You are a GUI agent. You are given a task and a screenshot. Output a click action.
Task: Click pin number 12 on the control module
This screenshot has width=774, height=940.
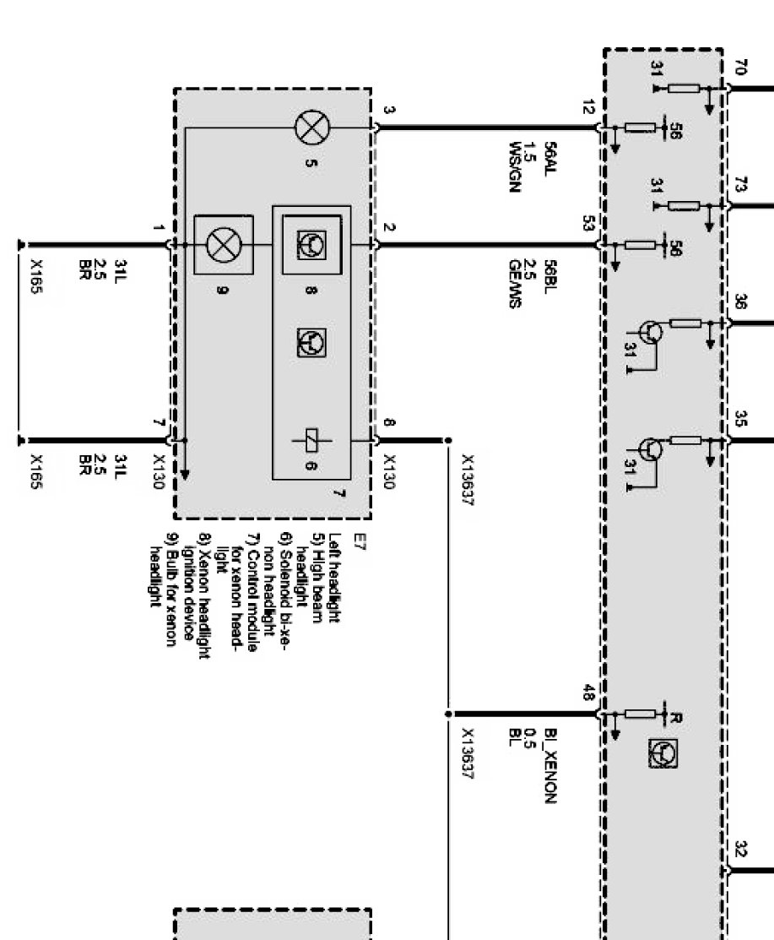[588, 107]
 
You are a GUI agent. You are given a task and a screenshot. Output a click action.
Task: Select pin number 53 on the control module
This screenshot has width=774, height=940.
[588, 224]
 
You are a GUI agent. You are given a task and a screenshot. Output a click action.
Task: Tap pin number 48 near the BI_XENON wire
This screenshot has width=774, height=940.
[587, 693]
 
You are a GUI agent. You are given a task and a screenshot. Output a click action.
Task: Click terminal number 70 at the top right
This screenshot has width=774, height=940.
[740, 68]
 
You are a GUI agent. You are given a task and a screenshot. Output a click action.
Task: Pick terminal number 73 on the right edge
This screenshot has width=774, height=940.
[740, 185]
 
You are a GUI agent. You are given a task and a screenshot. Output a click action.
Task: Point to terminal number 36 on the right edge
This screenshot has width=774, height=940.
[740, 302]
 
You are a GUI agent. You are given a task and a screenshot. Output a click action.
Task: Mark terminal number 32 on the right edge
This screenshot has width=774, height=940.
[740, 848]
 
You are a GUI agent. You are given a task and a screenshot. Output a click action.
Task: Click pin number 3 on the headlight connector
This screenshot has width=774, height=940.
[388, 110]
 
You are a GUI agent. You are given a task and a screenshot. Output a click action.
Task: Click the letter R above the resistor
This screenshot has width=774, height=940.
[674, 718]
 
